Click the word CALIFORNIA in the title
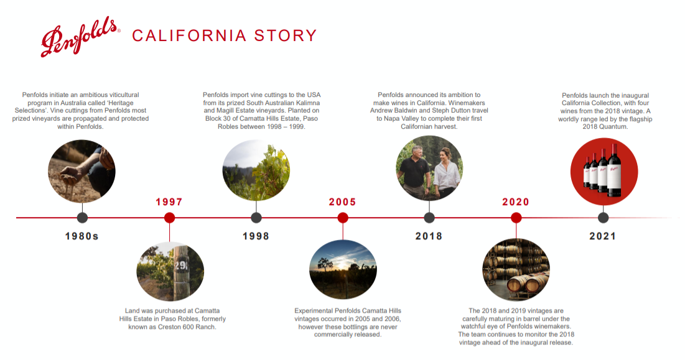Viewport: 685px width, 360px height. click(189, 36)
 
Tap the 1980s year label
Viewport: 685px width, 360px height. click(82, 236)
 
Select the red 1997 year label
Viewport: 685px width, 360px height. click(169, 202)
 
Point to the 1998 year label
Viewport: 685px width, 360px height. click(256, 236)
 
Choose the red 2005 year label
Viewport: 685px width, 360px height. click(342, 202)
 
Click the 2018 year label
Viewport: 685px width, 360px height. click(429, 236)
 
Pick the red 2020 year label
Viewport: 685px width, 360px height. click(516, 202)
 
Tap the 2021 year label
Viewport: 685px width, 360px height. click(603, 236)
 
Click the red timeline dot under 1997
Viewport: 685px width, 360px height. click(169, 218)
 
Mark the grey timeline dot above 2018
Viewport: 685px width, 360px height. click(429, 218)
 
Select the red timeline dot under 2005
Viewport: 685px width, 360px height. click(343, 218)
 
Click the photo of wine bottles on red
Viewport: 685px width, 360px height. click(604, 172)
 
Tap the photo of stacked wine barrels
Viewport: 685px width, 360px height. click(516, 269)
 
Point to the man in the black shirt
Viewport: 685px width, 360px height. click(414, 171)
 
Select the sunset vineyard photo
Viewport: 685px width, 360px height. click(343, 269)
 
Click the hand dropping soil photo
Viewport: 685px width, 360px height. click(82, 171)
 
